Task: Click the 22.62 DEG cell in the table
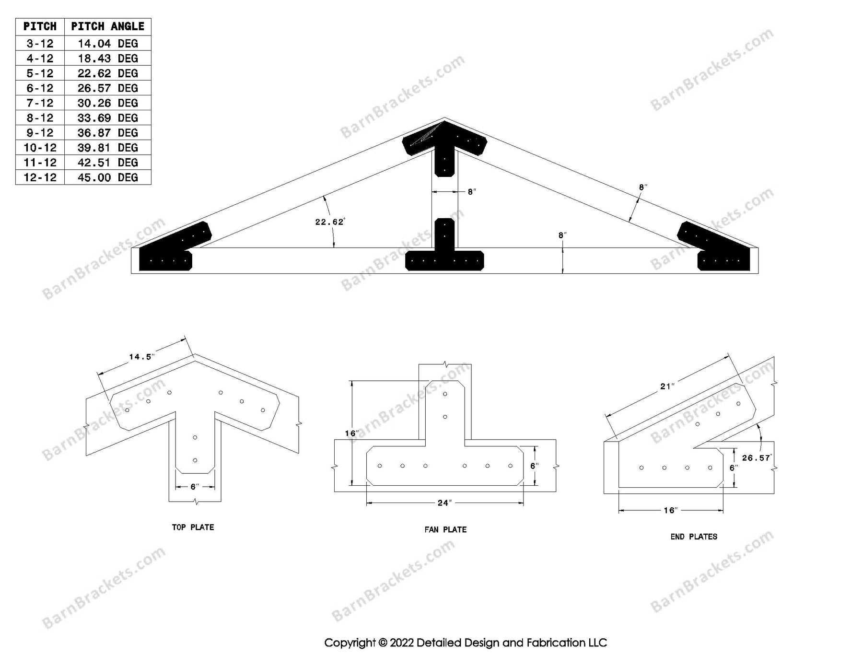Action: tap(107, 73)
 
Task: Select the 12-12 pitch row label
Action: tap(40, 177)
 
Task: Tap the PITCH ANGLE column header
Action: tap(107, 26)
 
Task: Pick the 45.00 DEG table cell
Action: tap(107, 177)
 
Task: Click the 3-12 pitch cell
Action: tap(40, 44)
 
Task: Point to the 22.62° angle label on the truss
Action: tap(329, 222)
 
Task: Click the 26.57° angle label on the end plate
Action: tap(756, 458)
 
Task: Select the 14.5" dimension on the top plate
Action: tap(141, 357)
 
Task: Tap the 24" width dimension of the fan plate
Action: tap(444, 503)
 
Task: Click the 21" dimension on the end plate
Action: tap(667, 386)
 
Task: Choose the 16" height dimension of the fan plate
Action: tap(351, 433)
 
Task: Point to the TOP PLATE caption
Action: tap(193, 527)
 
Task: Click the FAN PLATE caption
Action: tap(445, 530)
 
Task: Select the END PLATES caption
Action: tap(694, 537)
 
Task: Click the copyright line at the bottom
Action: tap(465, 643)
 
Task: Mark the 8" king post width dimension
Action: tap(472, 192)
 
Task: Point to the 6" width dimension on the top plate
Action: tap(194, 487)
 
